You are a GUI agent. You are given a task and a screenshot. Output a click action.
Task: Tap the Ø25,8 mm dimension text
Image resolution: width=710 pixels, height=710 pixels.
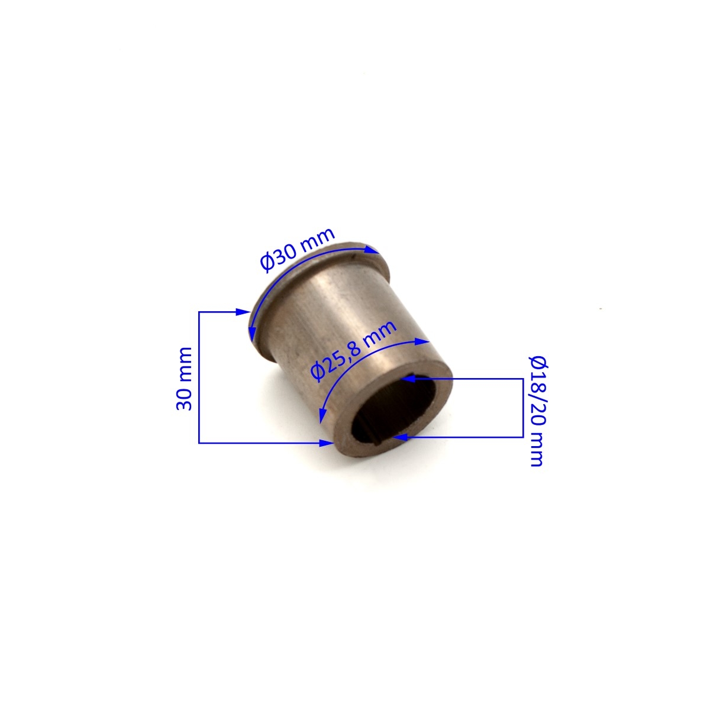(353, 350)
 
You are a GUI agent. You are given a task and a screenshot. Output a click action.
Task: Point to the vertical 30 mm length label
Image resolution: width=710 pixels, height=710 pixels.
(184, 379)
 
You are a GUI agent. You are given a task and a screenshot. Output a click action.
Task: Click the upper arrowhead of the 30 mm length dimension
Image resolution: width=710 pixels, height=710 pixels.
(243, 312)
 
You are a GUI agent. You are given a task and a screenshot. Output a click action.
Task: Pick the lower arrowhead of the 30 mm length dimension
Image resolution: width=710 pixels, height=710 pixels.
(327, 443)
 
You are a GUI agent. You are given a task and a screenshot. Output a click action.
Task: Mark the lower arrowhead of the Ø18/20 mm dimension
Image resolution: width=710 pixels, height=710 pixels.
(400, 437)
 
